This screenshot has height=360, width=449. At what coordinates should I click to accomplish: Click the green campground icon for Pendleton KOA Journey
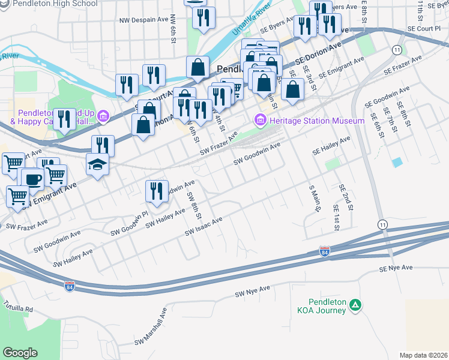pyautogui.click(x=356, y=305)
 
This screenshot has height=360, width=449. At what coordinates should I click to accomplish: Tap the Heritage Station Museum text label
pyautogui.click(x=317, y=121)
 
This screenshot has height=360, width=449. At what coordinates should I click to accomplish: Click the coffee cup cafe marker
pyautogui.click(x=32, y=178)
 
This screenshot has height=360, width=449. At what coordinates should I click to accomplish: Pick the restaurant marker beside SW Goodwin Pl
pyautogui.click(x=156, y=191)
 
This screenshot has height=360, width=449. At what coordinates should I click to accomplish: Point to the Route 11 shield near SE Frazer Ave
pyautogui.click(x=397, y=49)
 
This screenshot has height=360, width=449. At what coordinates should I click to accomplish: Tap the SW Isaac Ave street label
pyautogui.click(x=204, y=226)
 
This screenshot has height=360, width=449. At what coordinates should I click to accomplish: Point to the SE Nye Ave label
pyautogui.click(x=396, y=268)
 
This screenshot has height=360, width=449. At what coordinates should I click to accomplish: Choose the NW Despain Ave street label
pyautogui.click(x=144, y=19)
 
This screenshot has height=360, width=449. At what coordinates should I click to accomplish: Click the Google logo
pyautogui.click(x=20, y=352)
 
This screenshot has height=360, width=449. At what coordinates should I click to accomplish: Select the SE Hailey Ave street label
pyautogui.click(x=331, y=146)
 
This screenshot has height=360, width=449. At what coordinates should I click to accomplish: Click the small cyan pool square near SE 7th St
pyautogui.click(x=397, y=162)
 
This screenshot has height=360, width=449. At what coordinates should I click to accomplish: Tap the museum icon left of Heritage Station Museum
pyautogui.click(x=261, y=121)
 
